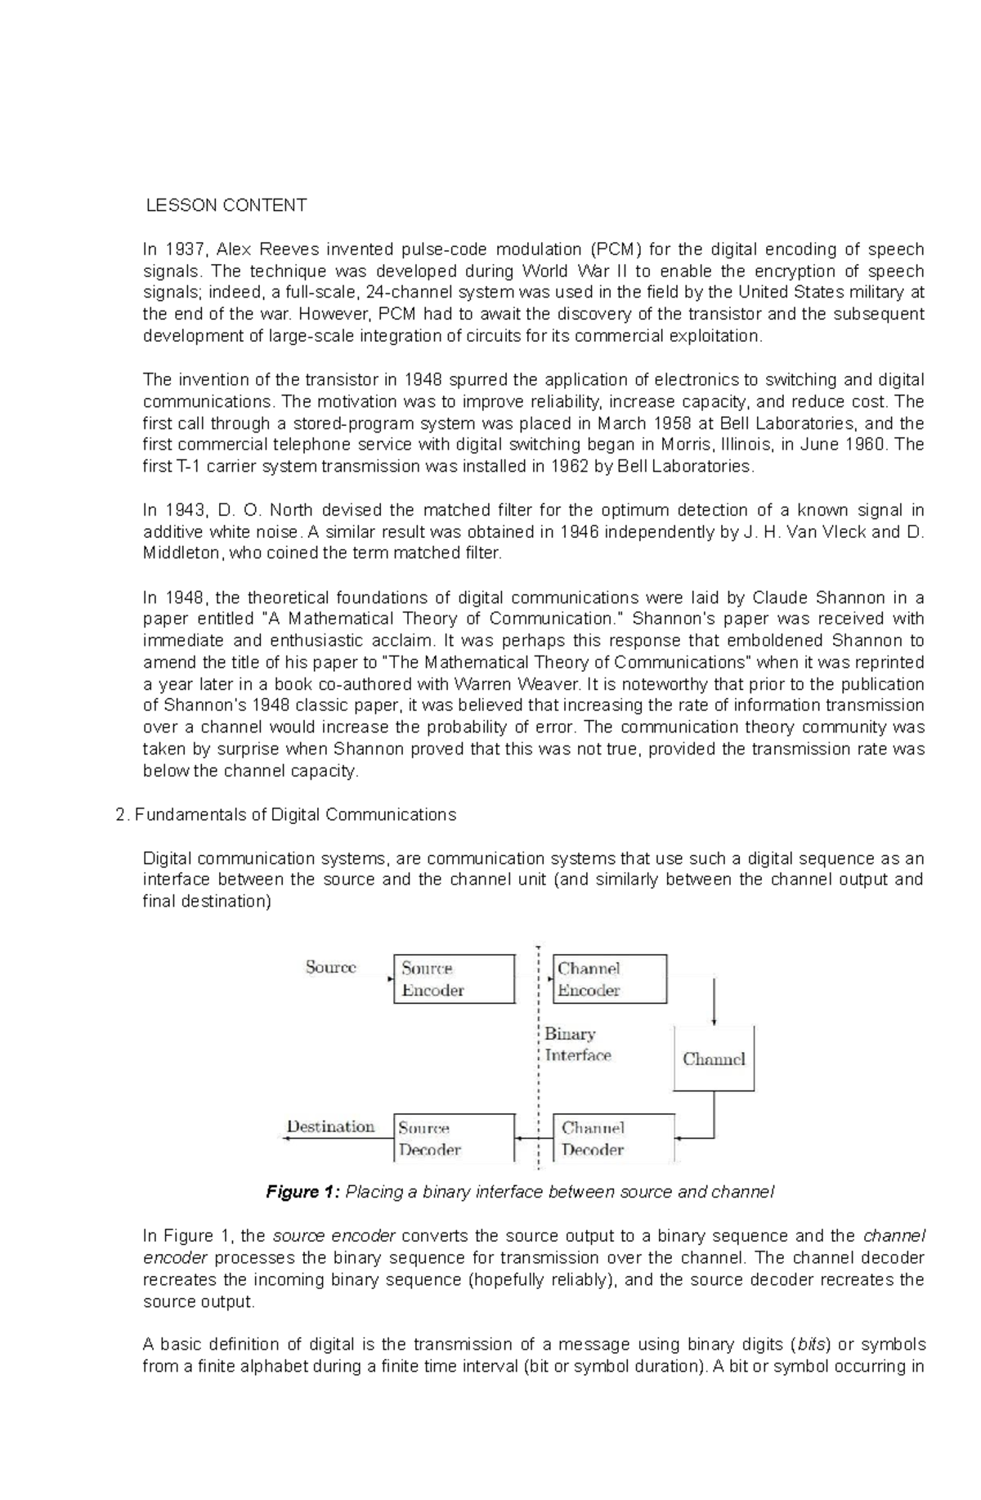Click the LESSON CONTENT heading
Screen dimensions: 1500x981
click(226, 205)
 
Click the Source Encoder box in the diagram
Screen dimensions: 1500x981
click(454, 978)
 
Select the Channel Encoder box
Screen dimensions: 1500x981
click(609, 978)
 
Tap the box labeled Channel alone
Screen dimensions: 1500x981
click(713, 1059)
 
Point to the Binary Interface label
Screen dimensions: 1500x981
click(577, 1044)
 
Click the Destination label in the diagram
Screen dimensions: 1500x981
click(330, 1126)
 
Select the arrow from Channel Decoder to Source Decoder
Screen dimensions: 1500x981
click(534, 1138)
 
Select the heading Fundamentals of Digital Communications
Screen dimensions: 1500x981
click(294, 815)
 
